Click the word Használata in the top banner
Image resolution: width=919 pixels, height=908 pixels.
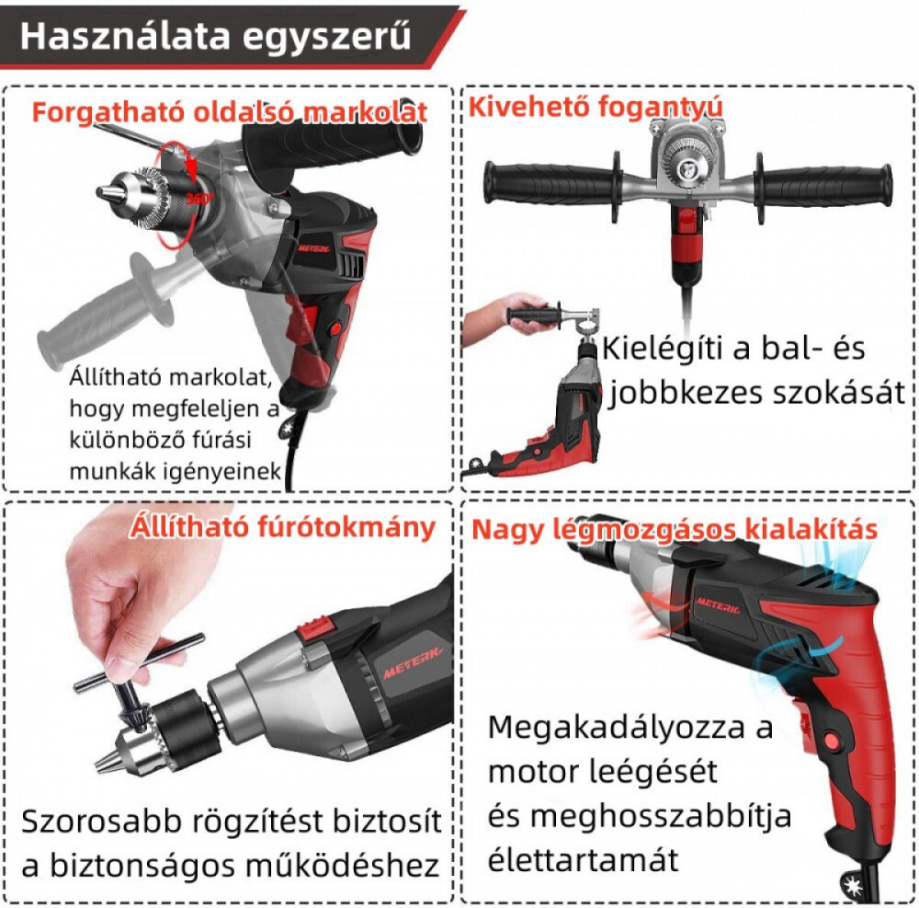point(125,37)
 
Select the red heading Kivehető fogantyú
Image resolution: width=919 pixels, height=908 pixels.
point(595,108)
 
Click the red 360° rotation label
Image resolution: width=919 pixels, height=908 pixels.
point(199,199)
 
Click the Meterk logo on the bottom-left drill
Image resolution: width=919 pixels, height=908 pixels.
point(413,661)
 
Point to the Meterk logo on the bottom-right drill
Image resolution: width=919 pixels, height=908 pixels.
point(718,605)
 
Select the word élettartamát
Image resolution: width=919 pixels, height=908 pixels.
point(583,859)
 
